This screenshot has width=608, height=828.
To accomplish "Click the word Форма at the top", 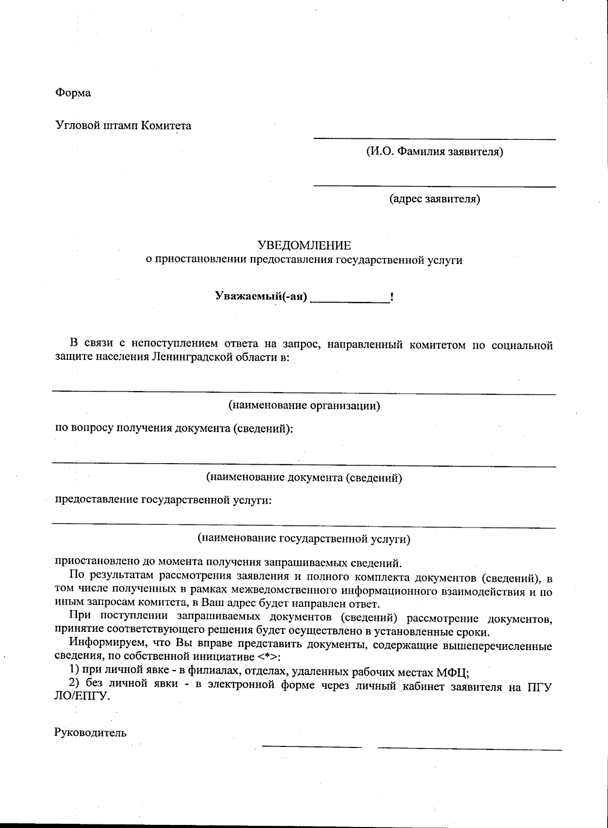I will click(x=73, y=93).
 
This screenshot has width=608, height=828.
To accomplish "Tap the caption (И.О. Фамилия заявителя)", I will click(x=434, y=152).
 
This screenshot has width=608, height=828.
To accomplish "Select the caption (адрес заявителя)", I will click(x=434, y=199).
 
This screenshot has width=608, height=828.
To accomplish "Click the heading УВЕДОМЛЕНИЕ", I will click(x=304, y=246).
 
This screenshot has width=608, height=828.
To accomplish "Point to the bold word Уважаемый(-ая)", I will click(x=261, y=296).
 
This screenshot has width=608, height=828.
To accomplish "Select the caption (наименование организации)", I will click(x=304, y=405).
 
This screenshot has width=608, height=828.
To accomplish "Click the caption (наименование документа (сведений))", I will click(x=304, y=477).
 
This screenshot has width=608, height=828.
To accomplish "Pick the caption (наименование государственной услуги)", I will click(x=304, y=539).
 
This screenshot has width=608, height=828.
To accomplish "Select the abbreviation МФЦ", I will click(x=452, y=673).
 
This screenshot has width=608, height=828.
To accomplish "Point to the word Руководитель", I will click(x=90, y=732).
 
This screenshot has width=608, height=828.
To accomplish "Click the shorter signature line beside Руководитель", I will click(x=312, y=746).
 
